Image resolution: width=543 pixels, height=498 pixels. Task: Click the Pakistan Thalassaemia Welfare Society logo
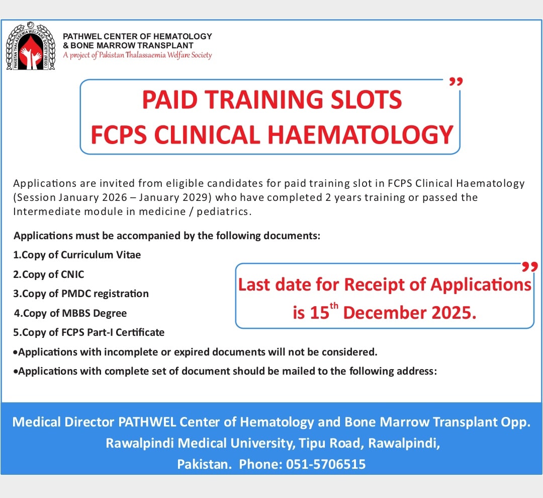pyautogui.click(x=31, y=46)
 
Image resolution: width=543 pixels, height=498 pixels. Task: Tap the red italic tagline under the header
pyautogui.click(x=137, y=55)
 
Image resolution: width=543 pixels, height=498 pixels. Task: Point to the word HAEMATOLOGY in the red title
pyautogui.click(x=360, y=134)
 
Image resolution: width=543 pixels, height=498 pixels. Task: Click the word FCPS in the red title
pyautogui.click(x=119, y=134)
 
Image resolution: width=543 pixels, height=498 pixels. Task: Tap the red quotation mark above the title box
pyautogui.click(x=456, y=82)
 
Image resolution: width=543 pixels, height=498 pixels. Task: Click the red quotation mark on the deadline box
pyautogui.click(x=530, y=266)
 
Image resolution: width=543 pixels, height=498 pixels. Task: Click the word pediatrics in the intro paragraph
pyautogui.click(x=222, y=211)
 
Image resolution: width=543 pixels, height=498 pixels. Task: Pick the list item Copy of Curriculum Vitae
pyautogui.click(x=77, y=255)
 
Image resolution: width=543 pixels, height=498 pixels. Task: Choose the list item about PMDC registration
pyautogui.click(x=80, y=294)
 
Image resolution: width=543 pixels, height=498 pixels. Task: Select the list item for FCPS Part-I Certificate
pyautogui.click(x=88, y=332)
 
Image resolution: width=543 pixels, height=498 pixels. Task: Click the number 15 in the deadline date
pyautogui.click(x=319, y=313)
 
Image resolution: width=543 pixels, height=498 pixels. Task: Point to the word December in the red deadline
pyautogui.click(x=384, y=313)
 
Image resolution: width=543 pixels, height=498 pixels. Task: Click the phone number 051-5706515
pyautogui.click(x=326, y=464)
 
